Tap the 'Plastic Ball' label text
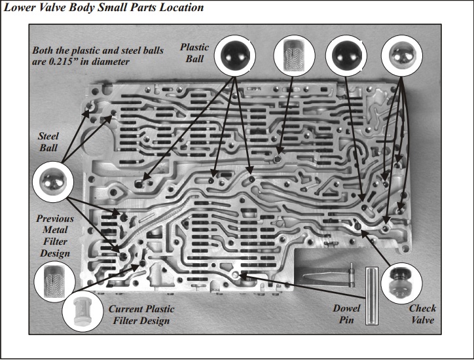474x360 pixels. pos(194,53)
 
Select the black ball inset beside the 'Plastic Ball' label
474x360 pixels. pos(235,56)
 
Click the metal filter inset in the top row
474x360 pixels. pos(294,56)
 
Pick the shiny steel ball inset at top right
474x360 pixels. pos(402,55)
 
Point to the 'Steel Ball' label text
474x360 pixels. pos(48,142)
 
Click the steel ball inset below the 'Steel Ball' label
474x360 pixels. pos(53,182)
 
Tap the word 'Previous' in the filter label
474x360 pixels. pos(55,219)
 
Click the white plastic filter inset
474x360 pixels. pos(82,311)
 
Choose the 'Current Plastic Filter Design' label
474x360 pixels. pos(141,315)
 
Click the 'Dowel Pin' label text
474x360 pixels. pos(346,314)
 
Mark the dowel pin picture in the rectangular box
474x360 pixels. pos(372,296)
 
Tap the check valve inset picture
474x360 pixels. pos(402,283)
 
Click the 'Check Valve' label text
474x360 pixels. pos(422,314)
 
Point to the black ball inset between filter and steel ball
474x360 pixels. pos(346,56)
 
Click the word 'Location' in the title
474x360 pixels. pos(182,7)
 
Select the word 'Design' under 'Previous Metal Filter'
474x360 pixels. pos(55,253)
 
